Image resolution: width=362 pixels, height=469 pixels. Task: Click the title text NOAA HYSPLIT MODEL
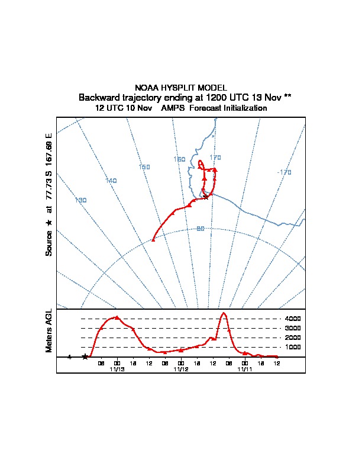click(x=180, y=88)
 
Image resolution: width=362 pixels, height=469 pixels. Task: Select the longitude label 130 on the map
click(x=81, y=200)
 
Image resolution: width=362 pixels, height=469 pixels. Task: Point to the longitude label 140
click(x=111, y=180)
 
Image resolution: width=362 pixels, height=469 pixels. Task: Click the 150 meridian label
click(x=144, y=167)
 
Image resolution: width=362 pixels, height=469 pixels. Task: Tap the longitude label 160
click(x=179, y=159)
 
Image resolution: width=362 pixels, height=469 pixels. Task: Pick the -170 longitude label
click(x=284, y=172)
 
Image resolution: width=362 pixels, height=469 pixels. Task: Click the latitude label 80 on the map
click(x=200, y=229)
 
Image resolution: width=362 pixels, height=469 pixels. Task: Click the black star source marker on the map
click(x=206, y=197)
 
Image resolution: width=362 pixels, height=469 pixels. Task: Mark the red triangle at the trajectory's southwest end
click(x=153, y=239)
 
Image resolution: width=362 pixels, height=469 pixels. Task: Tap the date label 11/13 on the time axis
click(x=117, y=369)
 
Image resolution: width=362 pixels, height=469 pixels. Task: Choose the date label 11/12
click(x=181, y=369)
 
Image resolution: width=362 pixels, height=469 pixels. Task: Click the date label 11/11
click(x=244, y=369)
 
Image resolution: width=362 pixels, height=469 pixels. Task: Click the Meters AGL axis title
click(x=49, y=331)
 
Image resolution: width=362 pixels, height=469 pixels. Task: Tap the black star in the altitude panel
click(x=85, y=356)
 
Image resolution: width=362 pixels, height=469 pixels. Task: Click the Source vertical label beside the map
click(x=49, y=243)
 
